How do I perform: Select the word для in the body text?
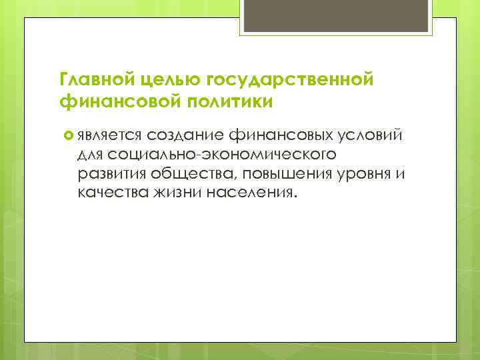tap(90, 155)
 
